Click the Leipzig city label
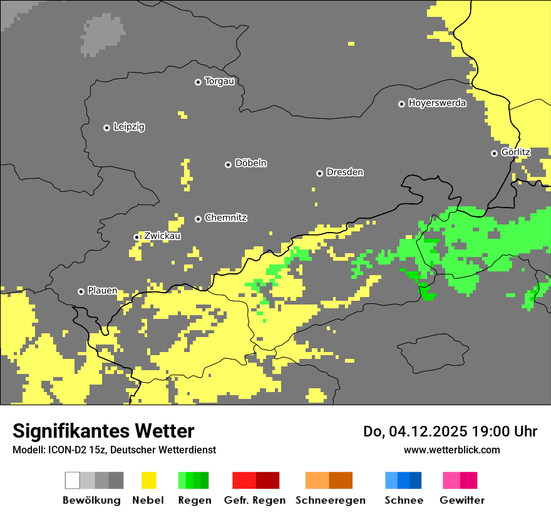(129, 127)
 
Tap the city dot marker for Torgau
(198, 82)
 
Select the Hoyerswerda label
(437, 103)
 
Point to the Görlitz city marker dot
(494, 153)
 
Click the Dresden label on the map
(344, 172)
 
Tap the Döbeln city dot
(228, 164)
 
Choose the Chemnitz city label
(225, 218)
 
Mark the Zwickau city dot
(136, 237)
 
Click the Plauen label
(102, 291)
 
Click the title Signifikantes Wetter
(103, 431)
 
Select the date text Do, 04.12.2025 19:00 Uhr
(450, 431)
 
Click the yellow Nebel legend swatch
(148, 480)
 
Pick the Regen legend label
(194, 500)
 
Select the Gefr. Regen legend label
(255, 500)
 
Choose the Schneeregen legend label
(330, 500)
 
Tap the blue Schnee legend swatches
(403, 480)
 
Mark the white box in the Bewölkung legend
(73, 480)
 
